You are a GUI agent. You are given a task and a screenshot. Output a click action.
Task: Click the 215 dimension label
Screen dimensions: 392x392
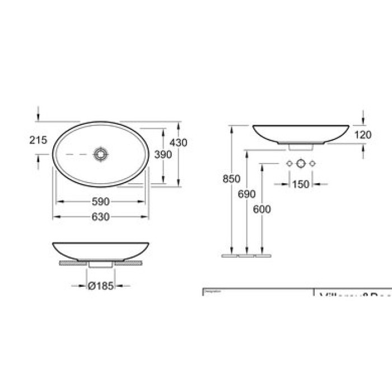pyautogui.click(x=38, y=141)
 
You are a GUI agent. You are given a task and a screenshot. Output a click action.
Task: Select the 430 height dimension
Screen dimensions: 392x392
pyautogui.click(x=178, y=143)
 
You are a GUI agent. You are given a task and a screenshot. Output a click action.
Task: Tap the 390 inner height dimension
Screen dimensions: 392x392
pyautogui.click(x=162, y=155)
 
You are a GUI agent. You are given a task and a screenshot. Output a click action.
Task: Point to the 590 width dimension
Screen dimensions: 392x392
pyautogui.click(x=101, y=202)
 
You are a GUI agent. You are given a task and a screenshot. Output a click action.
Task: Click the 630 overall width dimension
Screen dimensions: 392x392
pyautogui.click(x=101, y=216)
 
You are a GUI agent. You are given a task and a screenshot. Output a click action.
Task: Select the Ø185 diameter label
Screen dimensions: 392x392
pyautogui.click(x=101, y=286)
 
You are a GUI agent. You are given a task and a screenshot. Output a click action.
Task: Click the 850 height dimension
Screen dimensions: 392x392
pyautogui.click(x=231, y=179)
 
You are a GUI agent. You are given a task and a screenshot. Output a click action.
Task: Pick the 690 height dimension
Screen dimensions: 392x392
pyautogui.click(x=246, y=194)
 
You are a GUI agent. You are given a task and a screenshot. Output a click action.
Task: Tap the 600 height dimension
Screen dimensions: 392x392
pyautogui.click(x=262, y=209)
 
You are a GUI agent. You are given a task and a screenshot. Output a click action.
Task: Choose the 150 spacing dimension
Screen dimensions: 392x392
pyautogui.click(x=301, y=184)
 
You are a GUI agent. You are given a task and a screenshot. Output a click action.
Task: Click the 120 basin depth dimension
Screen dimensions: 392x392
pyautogui.click(x=362, y=134)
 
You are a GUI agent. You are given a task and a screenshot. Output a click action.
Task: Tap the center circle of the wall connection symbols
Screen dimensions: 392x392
pyautogui.click(x=301, y=164)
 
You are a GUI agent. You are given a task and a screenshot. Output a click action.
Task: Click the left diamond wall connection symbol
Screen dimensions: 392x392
pyautogui.click(x=289, y=164)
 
